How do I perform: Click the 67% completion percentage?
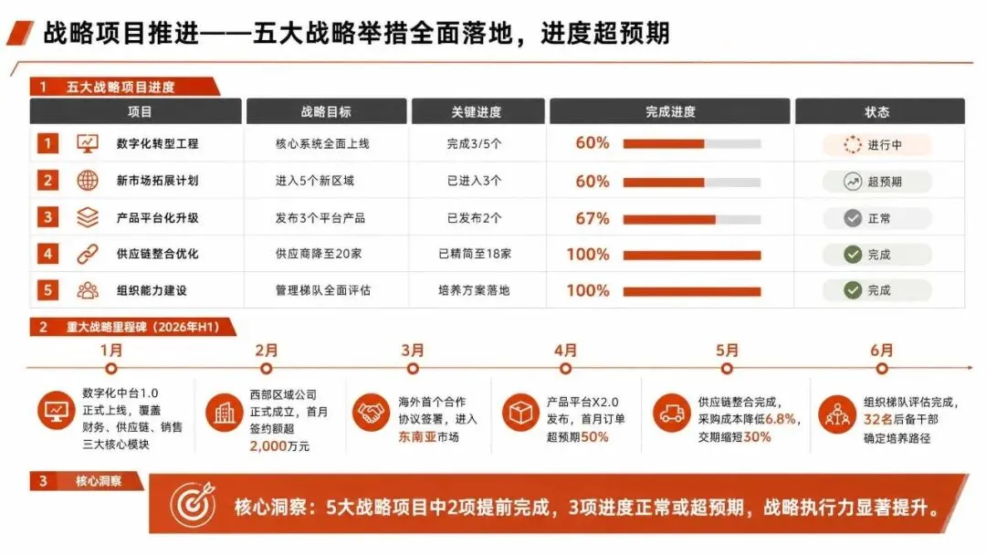593,218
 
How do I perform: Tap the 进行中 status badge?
876,144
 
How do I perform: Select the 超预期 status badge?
876,182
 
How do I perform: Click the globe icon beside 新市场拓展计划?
88,181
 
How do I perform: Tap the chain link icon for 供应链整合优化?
88,254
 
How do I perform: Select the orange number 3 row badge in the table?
47,217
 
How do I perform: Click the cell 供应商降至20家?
319,254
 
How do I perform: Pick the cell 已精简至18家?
475,254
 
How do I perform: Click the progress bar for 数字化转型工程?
692,144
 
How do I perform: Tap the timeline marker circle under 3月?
413,368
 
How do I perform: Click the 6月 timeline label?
882,351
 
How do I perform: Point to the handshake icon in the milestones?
371,413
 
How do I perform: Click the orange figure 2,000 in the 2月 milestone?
267,445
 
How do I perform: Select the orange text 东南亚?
417,437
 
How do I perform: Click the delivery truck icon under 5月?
672,414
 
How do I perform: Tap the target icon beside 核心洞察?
193,504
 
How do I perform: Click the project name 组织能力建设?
152,290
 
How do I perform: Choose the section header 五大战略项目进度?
121,87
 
